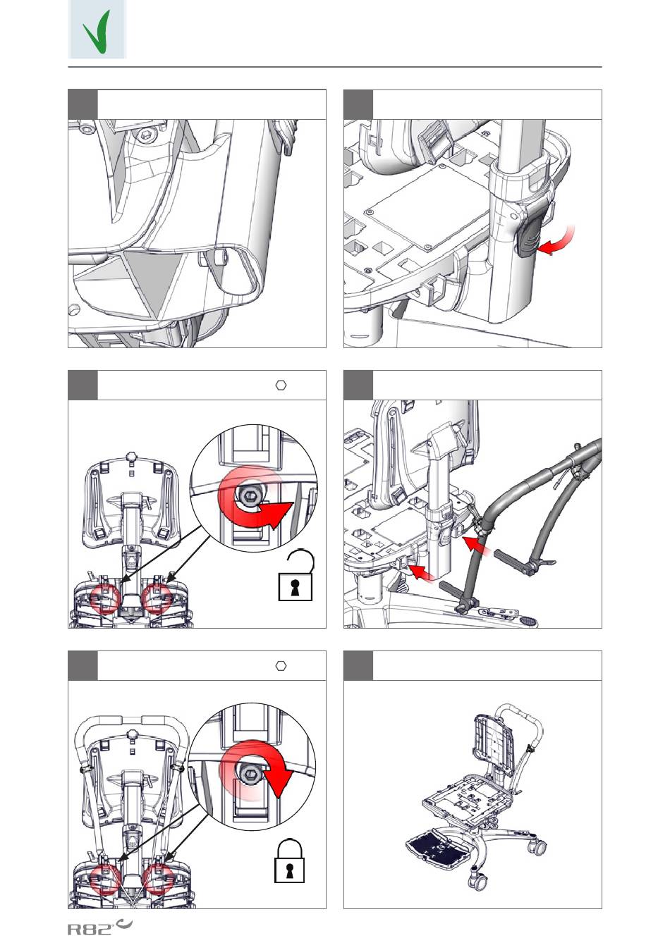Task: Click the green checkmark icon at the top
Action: click(97, 32)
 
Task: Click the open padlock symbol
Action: click(296, 576)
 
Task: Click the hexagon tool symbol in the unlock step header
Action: click(281, 385)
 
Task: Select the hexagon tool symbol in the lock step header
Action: click(281, 666)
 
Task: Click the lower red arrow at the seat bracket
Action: click(422, 573)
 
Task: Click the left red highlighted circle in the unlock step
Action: click(106, 598)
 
